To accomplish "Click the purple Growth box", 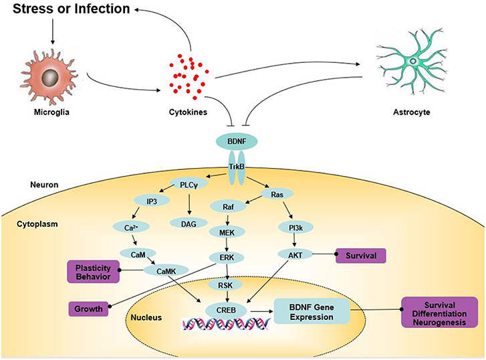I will pos(89,309).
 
